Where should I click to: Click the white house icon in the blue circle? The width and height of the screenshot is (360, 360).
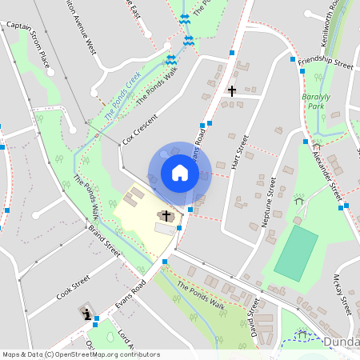coord(180,173)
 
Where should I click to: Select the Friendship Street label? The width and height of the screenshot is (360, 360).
coord(325,63)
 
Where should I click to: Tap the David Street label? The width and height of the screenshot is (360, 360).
coord(254,318)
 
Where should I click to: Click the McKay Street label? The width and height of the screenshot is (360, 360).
coord(342,292)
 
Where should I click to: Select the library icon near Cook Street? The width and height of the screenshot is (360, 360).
coord(86,314)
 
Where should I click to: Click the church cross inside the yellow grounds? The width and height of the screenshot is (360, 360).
coord(167,215)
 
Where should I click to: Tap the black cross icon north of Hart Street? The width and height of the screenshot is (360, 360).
coord(232,91)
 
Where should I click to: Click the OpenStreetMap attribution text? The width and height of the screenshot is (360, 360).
coord(82,354)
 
